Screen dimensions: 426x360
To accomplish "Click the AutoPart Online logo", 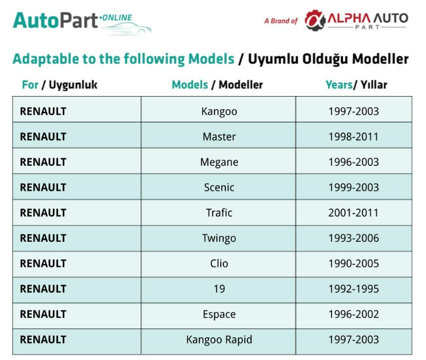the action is point(81,23).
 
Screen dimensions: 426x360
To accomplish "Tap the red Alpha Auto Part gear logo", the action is point(315,20).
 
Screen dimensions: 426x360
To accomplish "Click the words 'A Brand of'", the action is point(281,21).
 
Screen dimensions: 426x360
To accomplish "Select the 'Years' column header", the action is point(339,85).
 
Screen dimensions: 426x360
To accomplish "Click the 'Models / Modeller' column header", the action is point(217,85).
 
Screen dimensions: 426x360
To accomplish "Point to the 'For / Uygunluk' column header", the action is point(60,85).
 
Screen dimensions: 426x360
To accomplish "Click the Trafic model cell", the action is point(219,213).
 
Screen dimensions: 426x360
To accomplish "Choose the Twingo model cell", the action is point(219,238).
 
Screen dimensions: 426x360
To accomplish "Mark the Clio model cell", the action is point(219,263).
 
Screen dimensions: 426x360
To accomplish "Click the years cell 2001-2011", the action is point(354,213).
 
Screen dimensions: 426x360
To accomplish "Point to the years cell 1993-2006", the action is point(354,238).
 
